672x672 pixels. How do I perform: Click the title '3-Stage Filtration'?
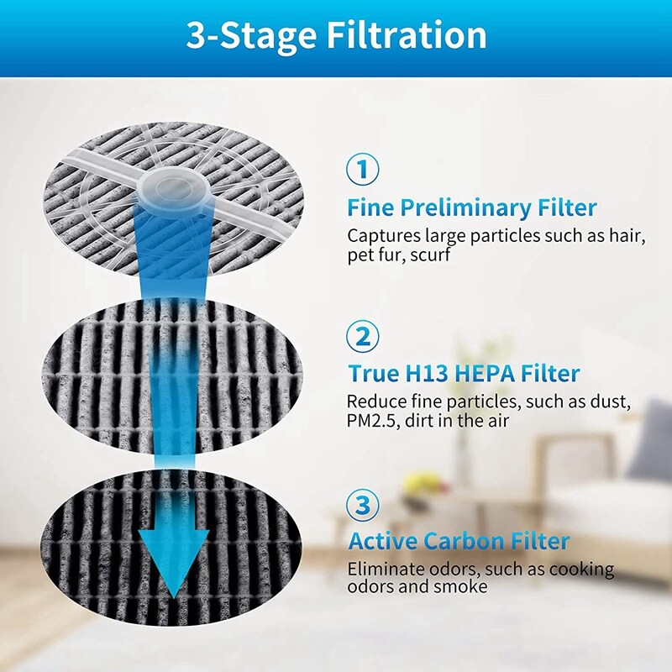336,36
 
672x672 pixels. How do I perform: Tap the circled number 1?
363,170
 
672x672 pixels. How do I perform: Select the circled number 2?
363,337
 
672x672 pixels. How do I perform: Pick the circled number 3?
363,506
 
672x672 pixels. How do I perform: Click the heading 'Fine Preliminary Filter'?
472,207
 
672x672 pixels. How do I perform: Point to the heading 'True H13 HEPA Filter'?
464,373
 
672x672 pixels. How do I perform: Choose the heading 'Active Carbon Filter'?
459,540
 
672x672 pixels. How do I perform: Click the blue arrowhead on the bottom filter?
173,558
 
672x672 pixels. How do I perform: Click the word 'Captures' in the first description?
382,236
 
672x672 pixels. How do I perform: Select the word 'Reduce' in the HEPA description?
374,402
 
